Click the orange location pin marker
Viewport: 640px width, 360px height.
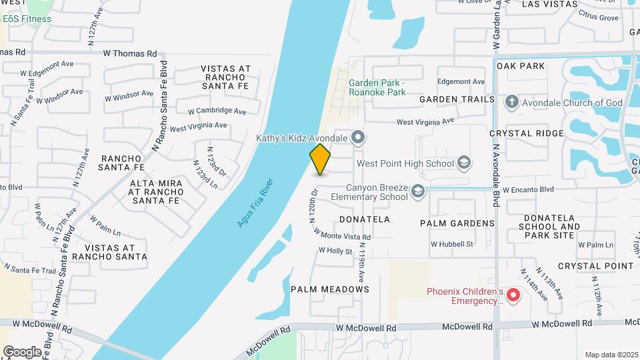tap(320, 159)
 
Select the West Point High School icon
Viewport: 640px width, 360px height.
tap(463, 163)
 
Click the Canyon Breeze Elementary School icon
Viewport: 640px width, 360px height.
tap(418, 191)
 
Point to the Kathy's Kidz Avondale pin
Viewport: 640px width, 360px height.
tap(358, 139)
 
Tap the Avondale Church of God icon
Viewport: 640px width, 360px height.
tap(511, 103)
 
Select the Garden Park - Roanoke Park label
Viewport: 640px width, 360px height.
tap(377, 87)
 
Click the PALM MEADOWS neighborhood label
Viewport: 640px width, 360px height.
tap(330, 289)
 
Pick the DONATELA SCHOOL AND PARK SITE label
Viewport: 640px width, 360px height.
tap(549, 227)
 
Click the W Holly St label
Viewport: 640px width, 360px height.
tap(335, 251)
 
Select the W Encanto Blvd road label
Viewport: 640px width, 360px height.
tap(528, 189)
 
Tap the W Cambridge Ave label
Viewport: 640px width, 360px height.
tap(217, 111)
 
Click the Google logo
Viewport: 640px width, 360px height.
tap(22, 351)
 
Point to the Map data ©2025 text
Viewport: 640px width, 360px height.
tap(611, 355)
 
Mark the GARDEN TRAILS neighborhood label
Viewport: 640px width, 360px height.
tap(457, 99)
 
